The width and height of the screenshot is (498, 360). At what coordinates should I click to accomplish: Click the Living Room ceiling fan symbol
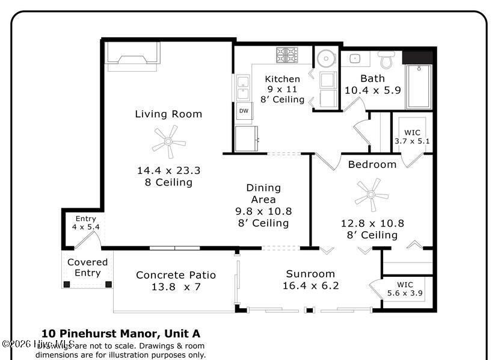coord(168,142)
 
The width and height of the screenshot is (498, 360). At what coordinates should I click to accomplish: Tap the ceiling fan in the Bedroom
coord(371,194)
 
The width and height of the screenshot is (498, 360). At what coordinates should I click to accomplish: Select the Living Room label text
coord(168,114)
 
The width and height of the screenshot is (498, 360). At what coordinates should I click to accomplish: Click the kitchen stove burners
coord(287,55)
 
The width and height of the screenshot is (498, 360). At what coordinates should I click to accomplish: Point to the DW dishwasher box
coord(244,111)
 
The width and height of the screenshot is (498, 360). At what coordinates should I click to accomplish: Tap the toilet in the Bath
coord(386,59)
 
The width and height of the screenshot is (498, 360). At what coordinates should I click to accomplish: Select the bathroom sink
coord(354,58)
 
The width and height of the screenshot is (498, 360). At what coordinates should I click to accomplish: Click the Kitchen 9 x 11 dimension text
coord(282,89)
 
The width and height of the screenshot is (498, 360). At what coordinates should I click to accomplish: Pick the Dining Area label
coord(263,193)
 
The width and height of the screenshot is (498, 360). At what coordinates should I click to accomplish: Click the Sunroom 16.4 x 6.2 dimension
coord(310,285)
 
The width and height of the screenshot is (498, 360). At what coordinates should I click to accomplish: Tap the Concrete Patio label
coord(176,275)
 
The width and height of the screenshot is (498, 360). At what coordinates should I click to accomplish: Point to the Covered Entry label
coord(87,267)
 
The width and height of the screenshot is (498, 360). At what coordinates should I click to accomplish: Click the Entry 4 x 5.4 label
coord(85,223)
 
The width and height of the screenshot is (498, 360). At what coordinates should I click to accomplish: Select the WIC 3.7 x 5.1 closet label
coord(412,137)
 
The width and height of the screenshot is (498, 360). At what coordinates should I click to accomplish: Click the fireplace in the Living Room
coord(134,57)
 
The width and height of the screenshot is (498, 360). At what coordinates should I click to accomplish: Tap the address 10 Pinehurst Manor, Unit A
coord(120,334)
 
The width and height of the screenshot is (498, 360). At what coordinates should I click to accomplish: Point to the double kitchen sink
coord(243,88)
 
